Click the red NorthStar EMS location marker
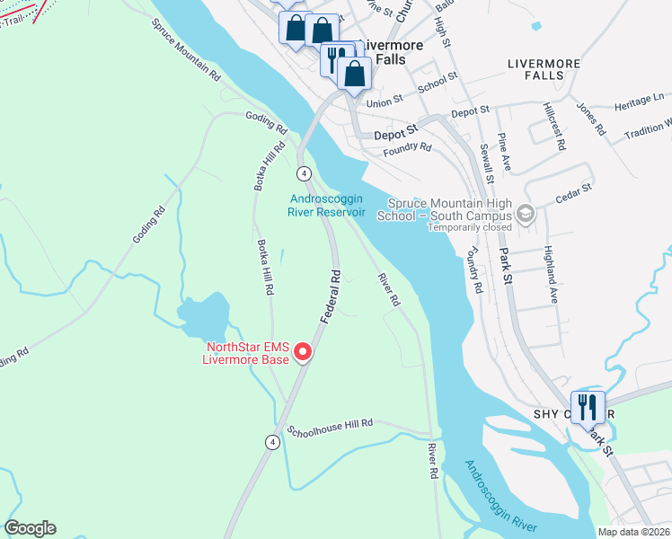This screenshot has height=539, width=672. click(304, 351)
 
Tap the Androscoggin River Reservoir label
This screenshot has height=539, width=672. click(327, 206)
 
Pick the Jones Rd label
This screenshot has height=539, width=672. click(590, 118)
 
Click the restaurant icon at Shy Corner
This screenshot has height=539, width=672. click(588, 407)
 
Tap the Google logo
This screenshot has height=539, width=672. click(30, 528)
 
